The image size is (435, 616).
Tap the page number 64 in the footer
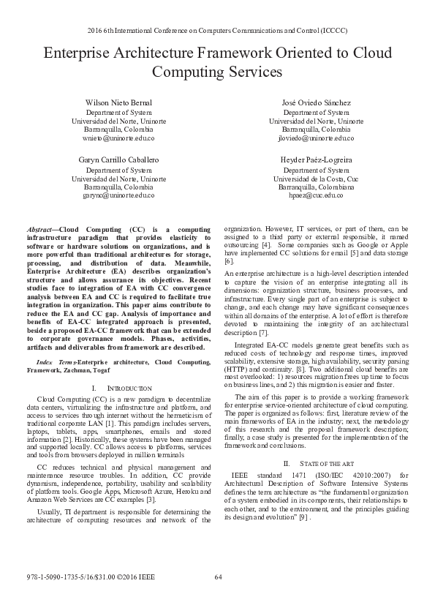218,598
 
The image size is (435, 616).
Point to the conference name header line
217,32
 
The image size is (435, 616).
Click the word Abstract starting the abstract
40,229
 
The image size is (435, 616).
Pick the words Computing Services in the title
217,72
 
